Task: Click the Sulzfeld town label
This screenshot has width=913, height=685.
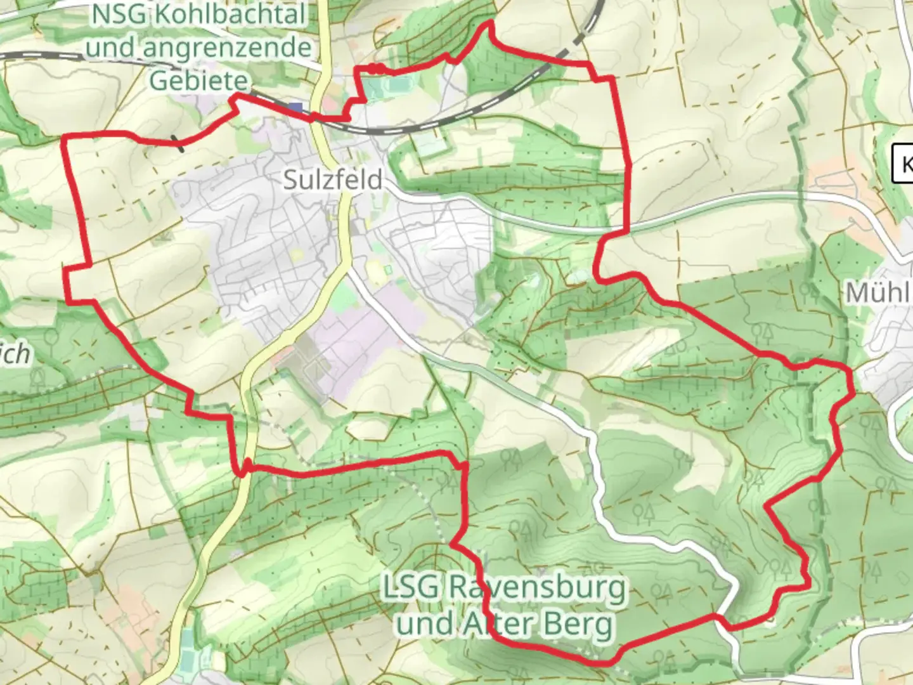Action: click(332, 179)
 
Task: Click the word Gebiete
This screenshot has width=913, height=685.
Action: click(198, 81)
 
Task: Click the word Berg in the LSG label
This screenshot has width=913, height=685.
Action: click(578, 624)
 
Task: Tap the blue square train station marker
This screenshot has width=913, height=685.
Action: click(295, 108)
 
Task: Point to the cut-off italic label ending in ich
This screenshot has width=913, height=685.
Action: click(15, 353)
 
